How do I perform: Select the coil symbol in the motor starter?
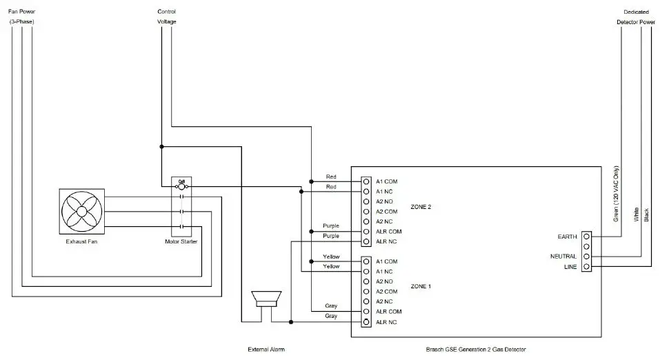click(x=181, y=186)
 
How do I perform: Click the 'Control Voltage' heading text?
click(x=166, y=17)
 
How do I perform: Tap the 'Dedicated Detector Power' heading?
click(x=635, y=17)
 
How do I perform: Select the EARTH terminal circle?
click(x=586, y=237)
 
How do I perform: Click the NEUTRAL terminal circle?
click(x=586, y=257)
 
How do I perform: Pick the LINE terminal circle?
click(x=586, y=266)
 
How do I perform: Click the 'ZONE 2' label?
click(x=421, y=206)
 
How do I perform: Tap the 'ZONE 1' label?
click(x=421, y=286)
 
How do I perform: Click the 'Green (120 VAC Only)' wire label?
click(x=617, y=194)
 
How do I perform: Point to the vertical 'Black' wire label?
click(x=646, y=215)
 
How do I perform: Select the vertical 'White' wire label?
click(x=636, y=214)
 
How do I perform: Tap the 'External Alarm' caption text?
click(x=266, y=350)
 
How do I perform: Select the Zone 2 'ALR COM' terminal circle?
click(x=366, y=232)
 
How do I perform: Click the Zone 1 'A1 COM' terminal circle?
click(x=366, y=261)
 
